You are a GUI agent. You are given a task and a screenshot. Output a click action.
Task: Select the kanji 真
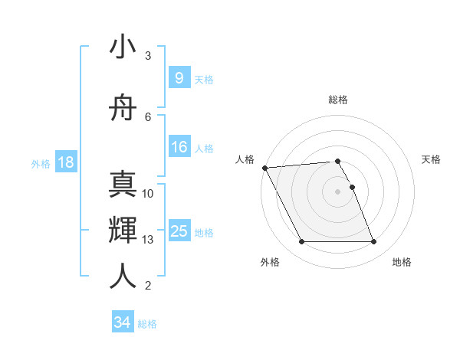123,185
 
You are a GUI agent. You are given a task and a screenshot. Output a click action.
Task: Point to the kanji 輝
123,231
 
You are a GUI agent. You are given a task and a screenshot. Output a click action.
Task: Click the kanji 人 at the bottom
123,277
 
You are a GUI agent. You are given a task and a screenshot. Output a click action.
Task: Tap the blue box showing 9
179,78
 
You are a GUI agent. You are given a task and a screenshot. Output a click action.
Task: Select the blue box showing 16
179,147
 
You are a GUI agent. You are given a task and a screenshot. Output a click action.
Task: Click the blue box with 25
179,231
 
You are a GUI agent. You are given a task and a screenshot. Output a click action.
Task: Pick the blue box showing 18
65,162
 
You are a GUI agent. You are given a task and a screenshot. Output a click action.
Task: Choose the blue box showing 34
122,322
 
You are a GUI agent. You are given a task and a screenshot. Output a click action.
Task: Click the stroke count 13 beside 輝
148,240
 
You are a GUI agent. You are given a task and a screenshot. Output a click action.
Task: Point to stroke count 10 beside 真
148,194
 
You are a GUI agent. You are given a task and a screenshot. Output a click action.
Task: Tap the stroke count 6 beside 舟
148,116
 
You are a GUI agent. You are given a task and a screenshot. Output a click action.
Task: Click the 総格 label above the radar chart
338,100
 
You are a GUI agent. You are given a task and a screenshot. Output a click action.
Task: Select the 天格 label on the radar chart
431,159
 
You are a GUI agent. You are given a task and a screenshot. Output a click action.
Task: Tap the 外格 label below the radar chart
270,262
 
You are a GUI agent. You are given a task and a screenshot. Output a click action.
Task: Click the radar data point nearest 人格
264,168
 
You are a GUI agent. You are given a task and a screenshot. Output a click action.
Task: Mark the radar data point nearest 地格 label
374,242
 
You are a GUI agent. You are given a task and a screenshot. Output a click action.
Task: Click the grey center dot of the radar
338,191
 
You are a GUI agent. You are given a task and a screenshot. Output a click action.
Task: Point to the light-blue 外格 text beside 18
40,163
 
